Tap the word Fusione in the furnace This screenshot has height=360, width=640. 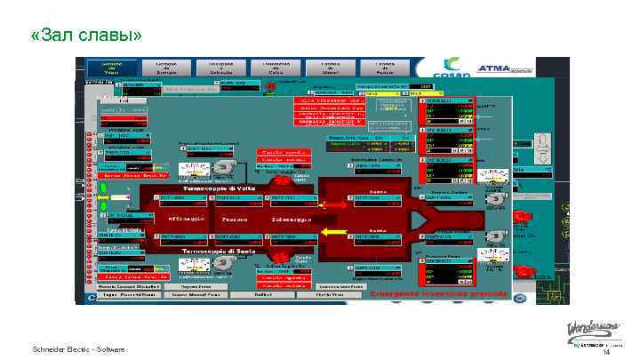coord(236,219)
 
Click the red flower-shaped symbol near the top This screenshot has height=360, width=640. coord(268,85)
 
